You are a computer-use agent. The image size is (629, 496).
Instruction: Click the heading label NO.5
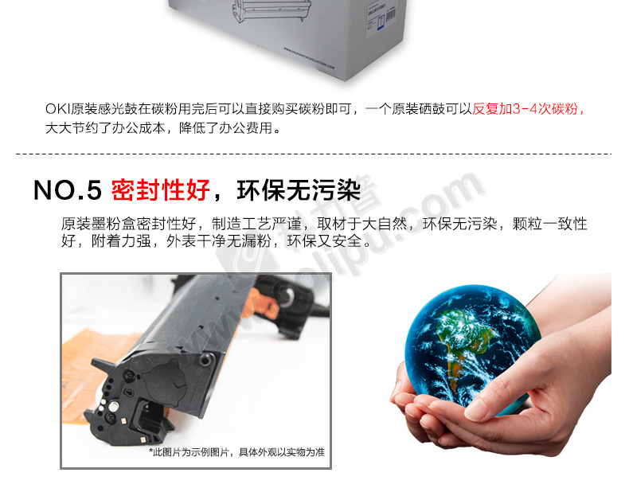[68, 190]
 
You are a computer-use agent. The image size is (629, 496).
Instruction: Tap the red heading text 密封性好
[161, 190]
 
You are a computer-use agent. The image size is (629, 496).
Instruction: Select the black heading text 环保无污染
[299, 190]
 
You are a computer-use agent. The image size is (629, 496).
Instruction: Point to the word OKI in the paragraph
[58, 108]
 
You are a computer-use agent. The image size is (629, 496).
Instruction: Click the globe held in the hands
[471, 348]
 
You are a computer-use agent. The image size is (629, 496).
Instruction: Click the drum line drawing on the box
[272, 10]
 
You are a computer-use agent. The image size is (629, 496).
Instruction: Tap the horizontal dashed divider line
[314, 154]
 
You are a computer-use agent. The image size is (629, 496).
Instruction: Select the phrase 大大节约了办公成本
[105, 128]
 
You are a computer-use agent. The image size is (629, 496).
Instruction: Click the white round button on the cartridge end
[114, 407]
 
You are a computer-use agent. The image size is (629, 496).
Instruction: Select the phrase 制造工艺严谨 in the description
[256, 224]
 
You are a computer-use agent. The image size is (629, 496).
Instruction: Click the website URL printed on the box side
[309, 59]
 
